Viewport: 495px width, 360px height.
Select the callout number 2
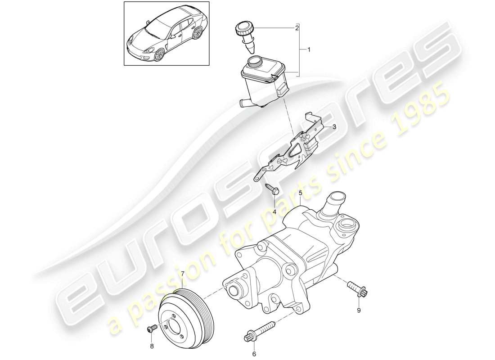pyautogui.click(x=297, y=28)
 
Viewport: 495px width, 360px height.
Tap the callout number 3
pyautogui.click(x=335, y=127)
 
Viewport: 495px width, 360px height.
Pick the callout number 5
pyautogui.click(x=300, y=194)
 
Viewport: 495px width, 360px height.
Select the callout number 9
pyautogui.click(x=359, y=310)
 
